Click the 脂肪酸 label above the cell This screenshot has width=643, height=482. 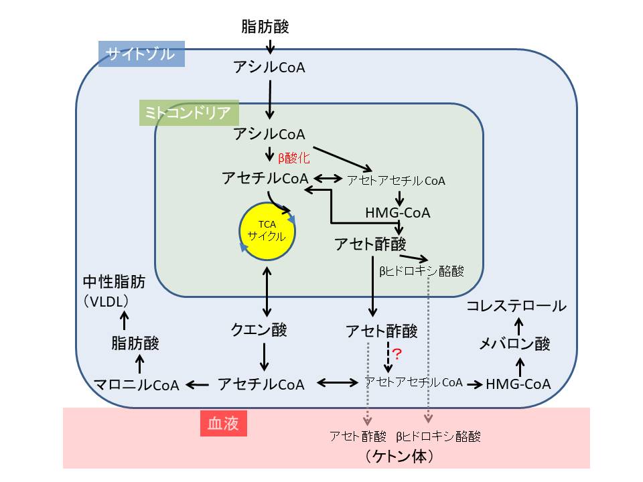(265, 27)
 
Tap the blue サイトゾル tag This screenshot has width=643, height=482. (141, 54)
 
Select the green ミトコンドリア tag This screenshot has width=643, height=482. (189, 112)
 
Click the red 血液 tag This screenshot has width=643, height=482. (224, 423)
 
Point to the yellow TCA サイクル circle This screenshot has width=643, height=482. (267, 231)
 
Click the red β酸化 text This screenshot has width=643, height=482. (293, 158)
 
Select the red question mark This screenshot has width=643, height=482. (397, 353)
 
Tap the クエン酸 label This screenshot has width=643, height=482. (259, 329)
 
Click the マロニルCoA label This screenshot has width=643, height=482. (137, 385)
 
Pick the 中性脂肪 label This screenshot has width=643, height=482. (115, 282)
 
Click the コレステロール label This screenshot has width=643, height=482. (516, 306)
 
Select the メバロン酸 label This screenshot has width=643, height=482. (514, 343)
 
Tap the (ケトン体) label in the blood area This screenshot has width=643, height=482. (399, 456)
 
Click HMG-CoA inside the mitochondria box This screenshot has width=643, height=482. (398, 213)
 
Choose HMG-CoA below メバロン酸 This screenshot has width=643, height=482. (518, 384)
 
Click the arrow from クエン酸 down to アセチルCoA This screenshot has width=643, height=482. (265, 357)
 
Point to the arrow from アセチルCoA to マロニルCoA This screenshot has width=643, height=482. (197, 385)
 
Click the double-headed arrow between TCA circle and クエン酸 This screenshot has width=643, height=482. (267, 291)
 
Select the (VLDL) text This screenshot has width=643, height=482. (106, 302)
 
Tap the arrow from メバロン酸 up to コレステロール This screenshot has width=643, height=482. (519, 327)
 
